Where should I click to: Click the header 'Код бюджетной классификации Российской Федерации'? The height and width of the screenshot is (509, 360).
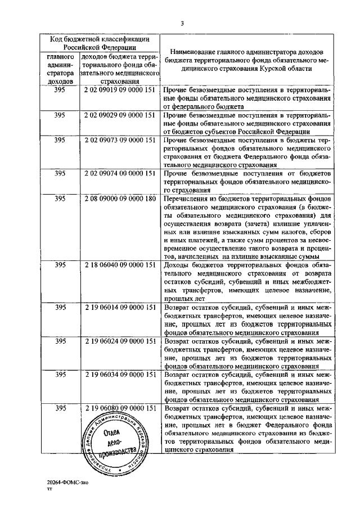(100, 43)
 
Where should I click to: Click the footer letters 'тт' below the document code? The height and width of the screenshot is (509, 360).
(49, 490)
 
